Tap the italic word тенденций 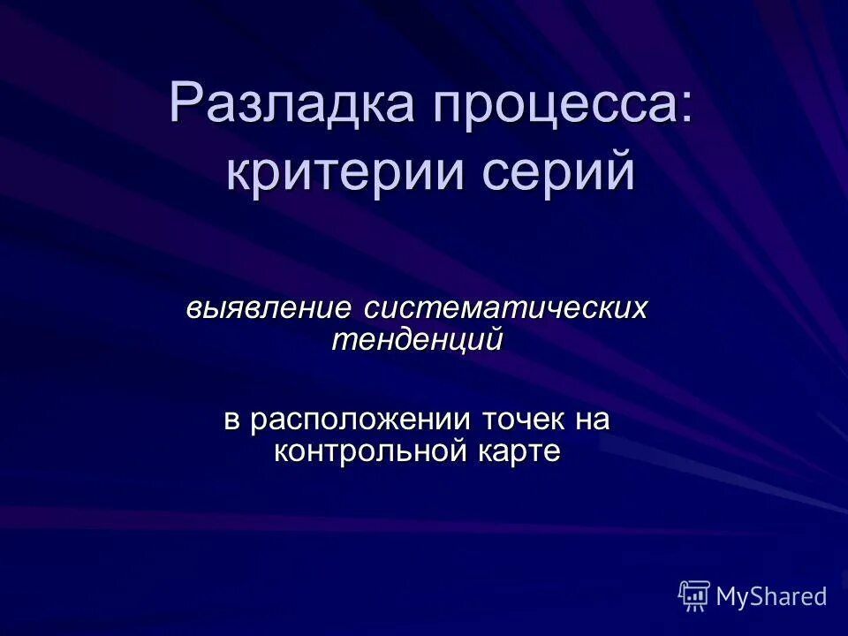pos(418,339)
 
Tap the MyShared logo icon pos(694,596)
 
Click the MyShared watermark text pos(771,597)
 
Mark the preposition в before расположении pos(232,420)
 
